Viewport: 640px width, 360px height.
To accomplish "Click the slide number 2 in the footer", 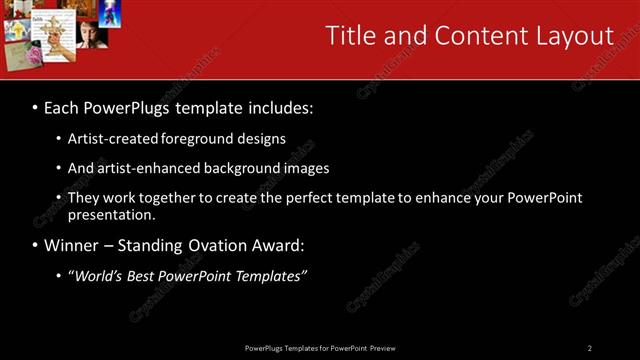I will click(x=589, y=348).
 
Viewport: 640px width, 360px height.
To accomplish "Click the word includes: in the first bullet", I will click(x=277, y=107).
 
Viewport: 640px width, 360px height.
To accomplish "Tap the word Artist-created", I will click(x=107, y=138).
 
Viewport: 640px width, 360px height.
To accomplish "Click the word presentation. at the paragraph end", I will click(x=111, y=215).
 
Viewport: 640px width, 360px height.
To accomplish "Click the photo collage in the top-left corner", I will click(x=56, y=32).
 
